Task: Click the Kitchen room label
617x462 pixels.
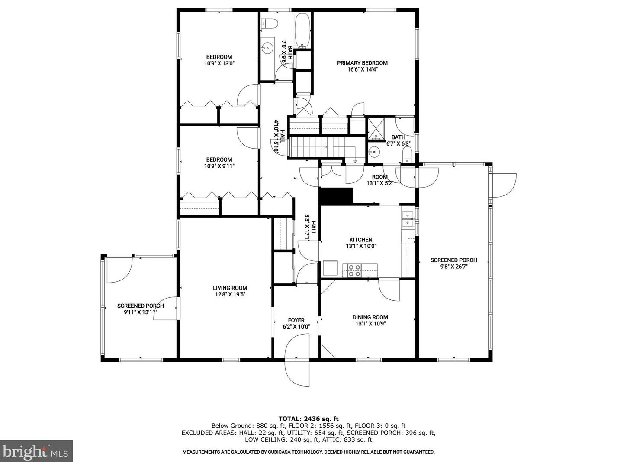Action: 361,240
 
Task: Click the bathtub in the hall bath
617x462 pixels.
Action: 303,30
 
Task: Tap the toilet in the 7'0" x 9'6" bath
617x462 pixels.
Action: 269,23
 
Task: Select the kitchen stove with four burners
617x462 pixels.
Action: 354,270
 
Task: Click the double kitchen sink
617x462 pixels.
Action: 407,219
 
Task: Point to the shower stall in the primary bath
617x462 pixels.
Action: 376,129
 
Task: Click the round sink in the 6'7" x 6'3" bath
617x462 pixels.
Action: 374,152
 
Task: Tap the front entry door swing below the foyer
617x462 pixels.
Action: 297,360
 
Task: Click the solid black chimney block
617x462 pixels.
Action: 336,196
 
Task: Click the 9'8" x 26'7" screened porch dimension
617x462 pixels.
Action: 454,267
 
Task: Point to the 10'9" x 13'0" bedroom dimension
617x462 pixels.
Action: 219,63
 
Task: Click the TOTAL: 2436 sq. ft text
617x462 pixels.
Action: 308,419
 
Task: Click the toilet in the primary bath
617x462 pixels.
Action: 407,155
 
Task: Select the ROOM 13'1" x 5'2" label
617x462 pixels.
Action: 379,180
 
